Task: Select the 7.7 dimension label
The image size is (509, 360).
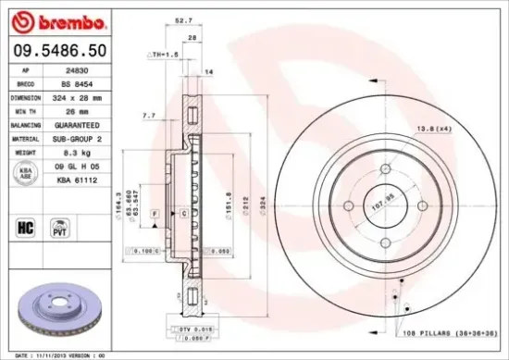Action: click(x=148, y=116)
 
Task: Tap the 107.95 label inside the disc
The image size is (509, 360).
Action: click(x=382, y=197)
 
